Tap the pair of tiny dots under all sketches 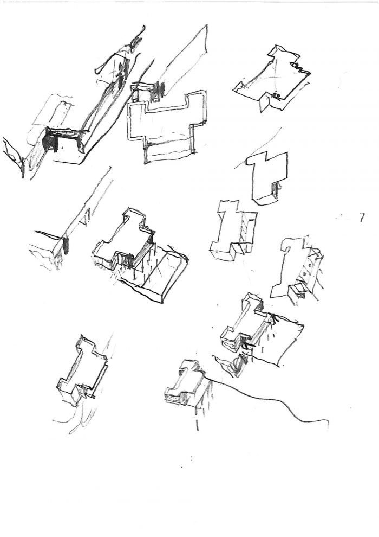click(x=191, y=458)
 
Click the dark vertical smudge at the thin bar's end click(x=66, y=245)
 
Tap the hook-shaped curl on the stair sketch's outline click(x=286, y=245)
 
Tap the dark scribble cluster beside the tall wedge click(x=159, y=88)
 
